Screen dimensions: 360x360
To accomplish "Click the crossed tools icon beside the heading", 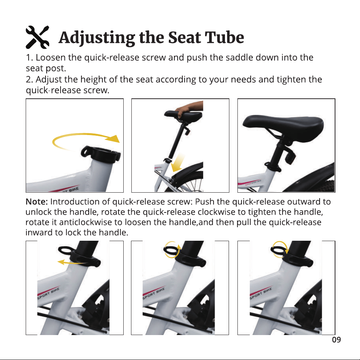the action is (x=37, y=37).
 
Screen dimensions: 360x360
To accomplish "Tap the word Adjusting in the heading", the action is (x=97, y=38).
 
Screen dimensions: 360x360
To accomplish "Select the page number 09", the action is (x=337, y=339).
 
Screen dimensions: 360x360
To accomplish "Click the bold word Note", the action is (x=36, y=201).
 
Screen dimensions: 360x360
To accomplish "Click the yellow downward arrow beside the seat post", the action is (x=178, y=163).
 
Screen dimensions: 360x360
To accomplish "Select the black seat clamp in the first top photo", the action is (x=101, y=154).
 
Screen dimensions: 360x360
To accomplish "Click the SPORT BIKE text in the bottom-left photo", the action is (x=48, y=294).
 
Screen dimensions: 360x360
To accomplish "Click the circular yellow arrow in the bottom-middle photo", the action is (x=172, y=250).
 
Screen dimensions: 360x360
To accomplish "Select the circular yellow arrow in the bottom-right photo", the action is (x=279, y=250).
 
